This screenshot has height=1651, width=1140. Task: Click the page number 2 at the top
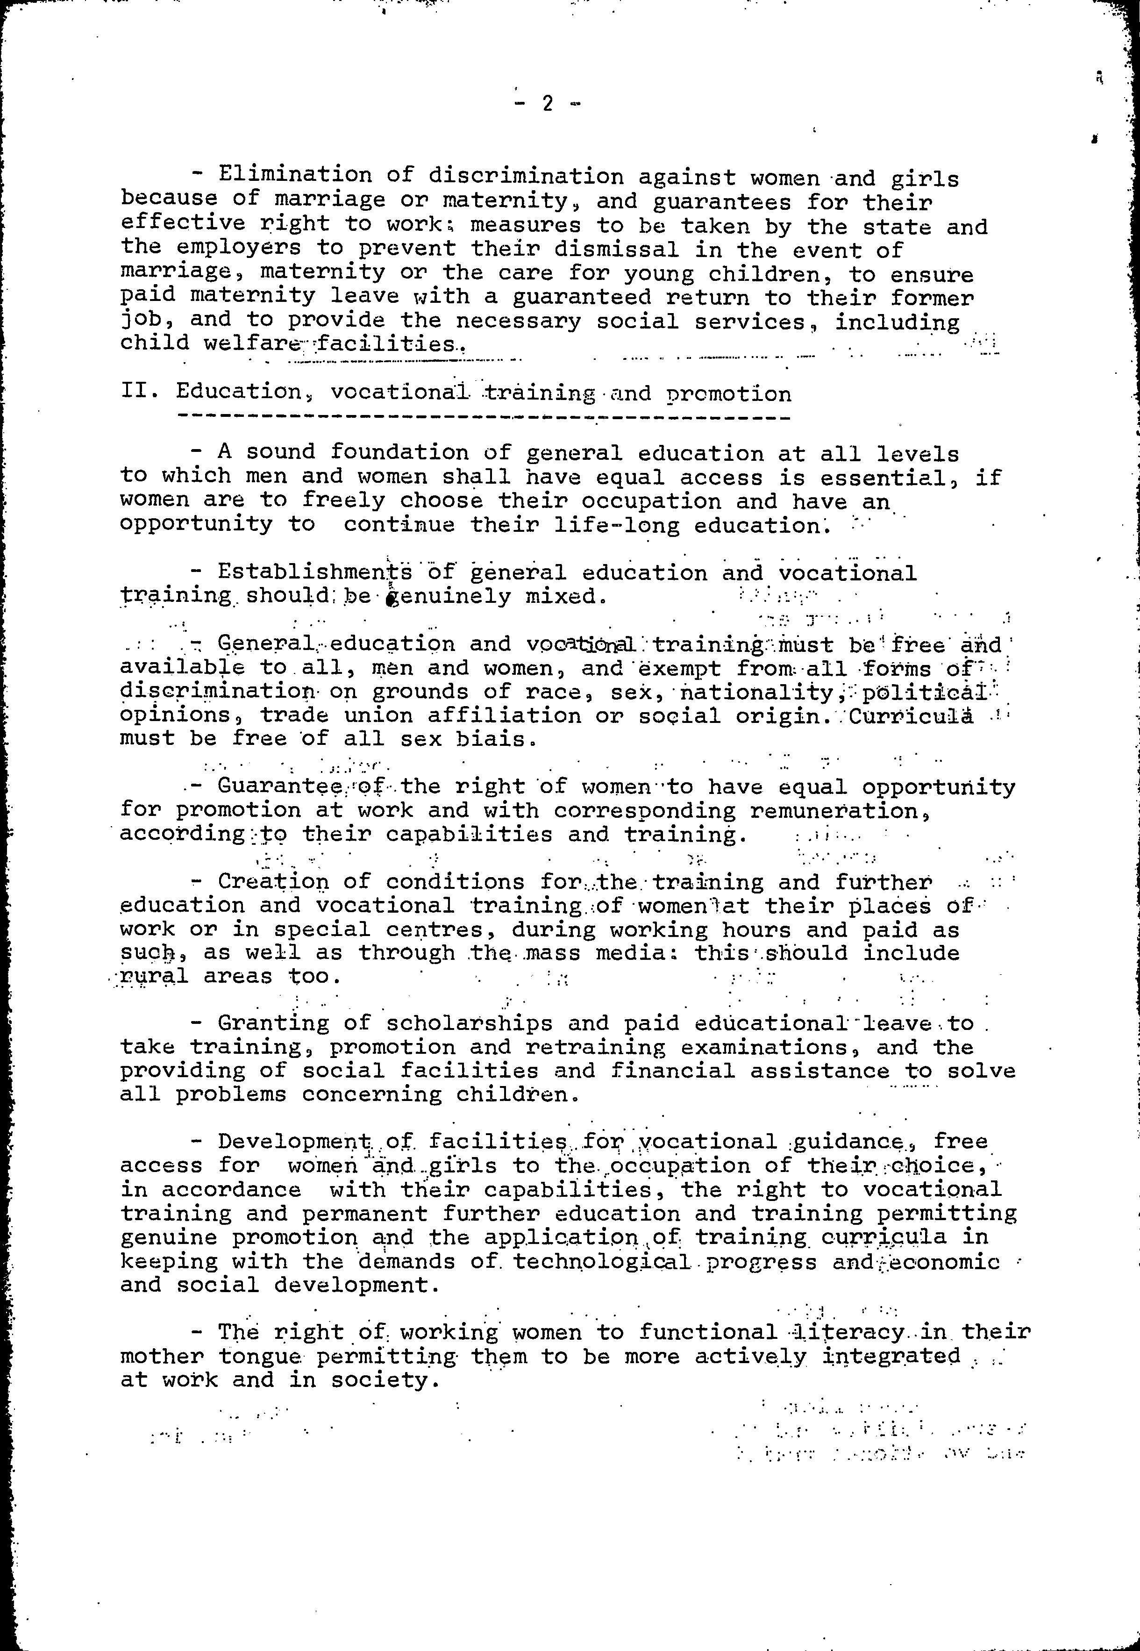point(547,104)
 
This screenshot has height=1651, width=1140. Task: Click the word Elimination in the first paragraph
point(294,175)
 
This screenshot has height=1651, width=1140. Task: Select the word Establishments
point(315,572)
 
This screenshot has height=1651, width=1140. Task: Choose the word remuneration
point(840,812)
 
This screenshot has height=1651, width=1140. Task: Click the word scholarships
point(469,1024)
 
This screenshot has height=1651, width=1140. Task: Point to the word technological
point(601,1262)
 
